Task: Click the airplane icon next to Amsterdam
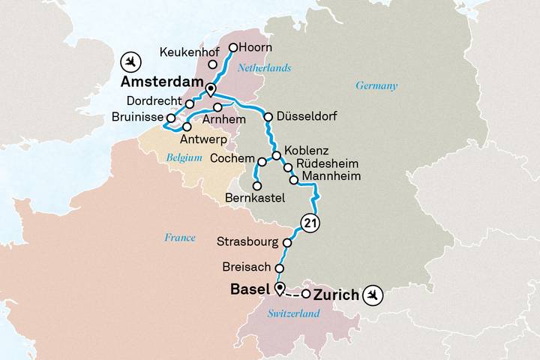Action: (132, 60)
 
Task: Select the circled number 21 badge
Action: (309, 222)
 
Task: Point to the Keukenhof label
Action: (187, 53)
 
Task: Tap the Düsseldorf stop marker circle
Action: (268, 116)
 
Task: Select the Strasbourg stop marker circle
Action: (287, 242)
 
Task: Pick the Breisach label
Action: (247, 267)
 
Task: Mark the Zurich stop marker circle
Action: (306, 293)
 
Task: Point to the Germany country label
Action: (376, 85)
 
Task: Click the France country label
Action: (180, 238)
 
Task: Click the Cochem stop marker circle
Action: (262, 161)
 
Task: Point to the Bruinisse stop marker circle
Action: (171, 118)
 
